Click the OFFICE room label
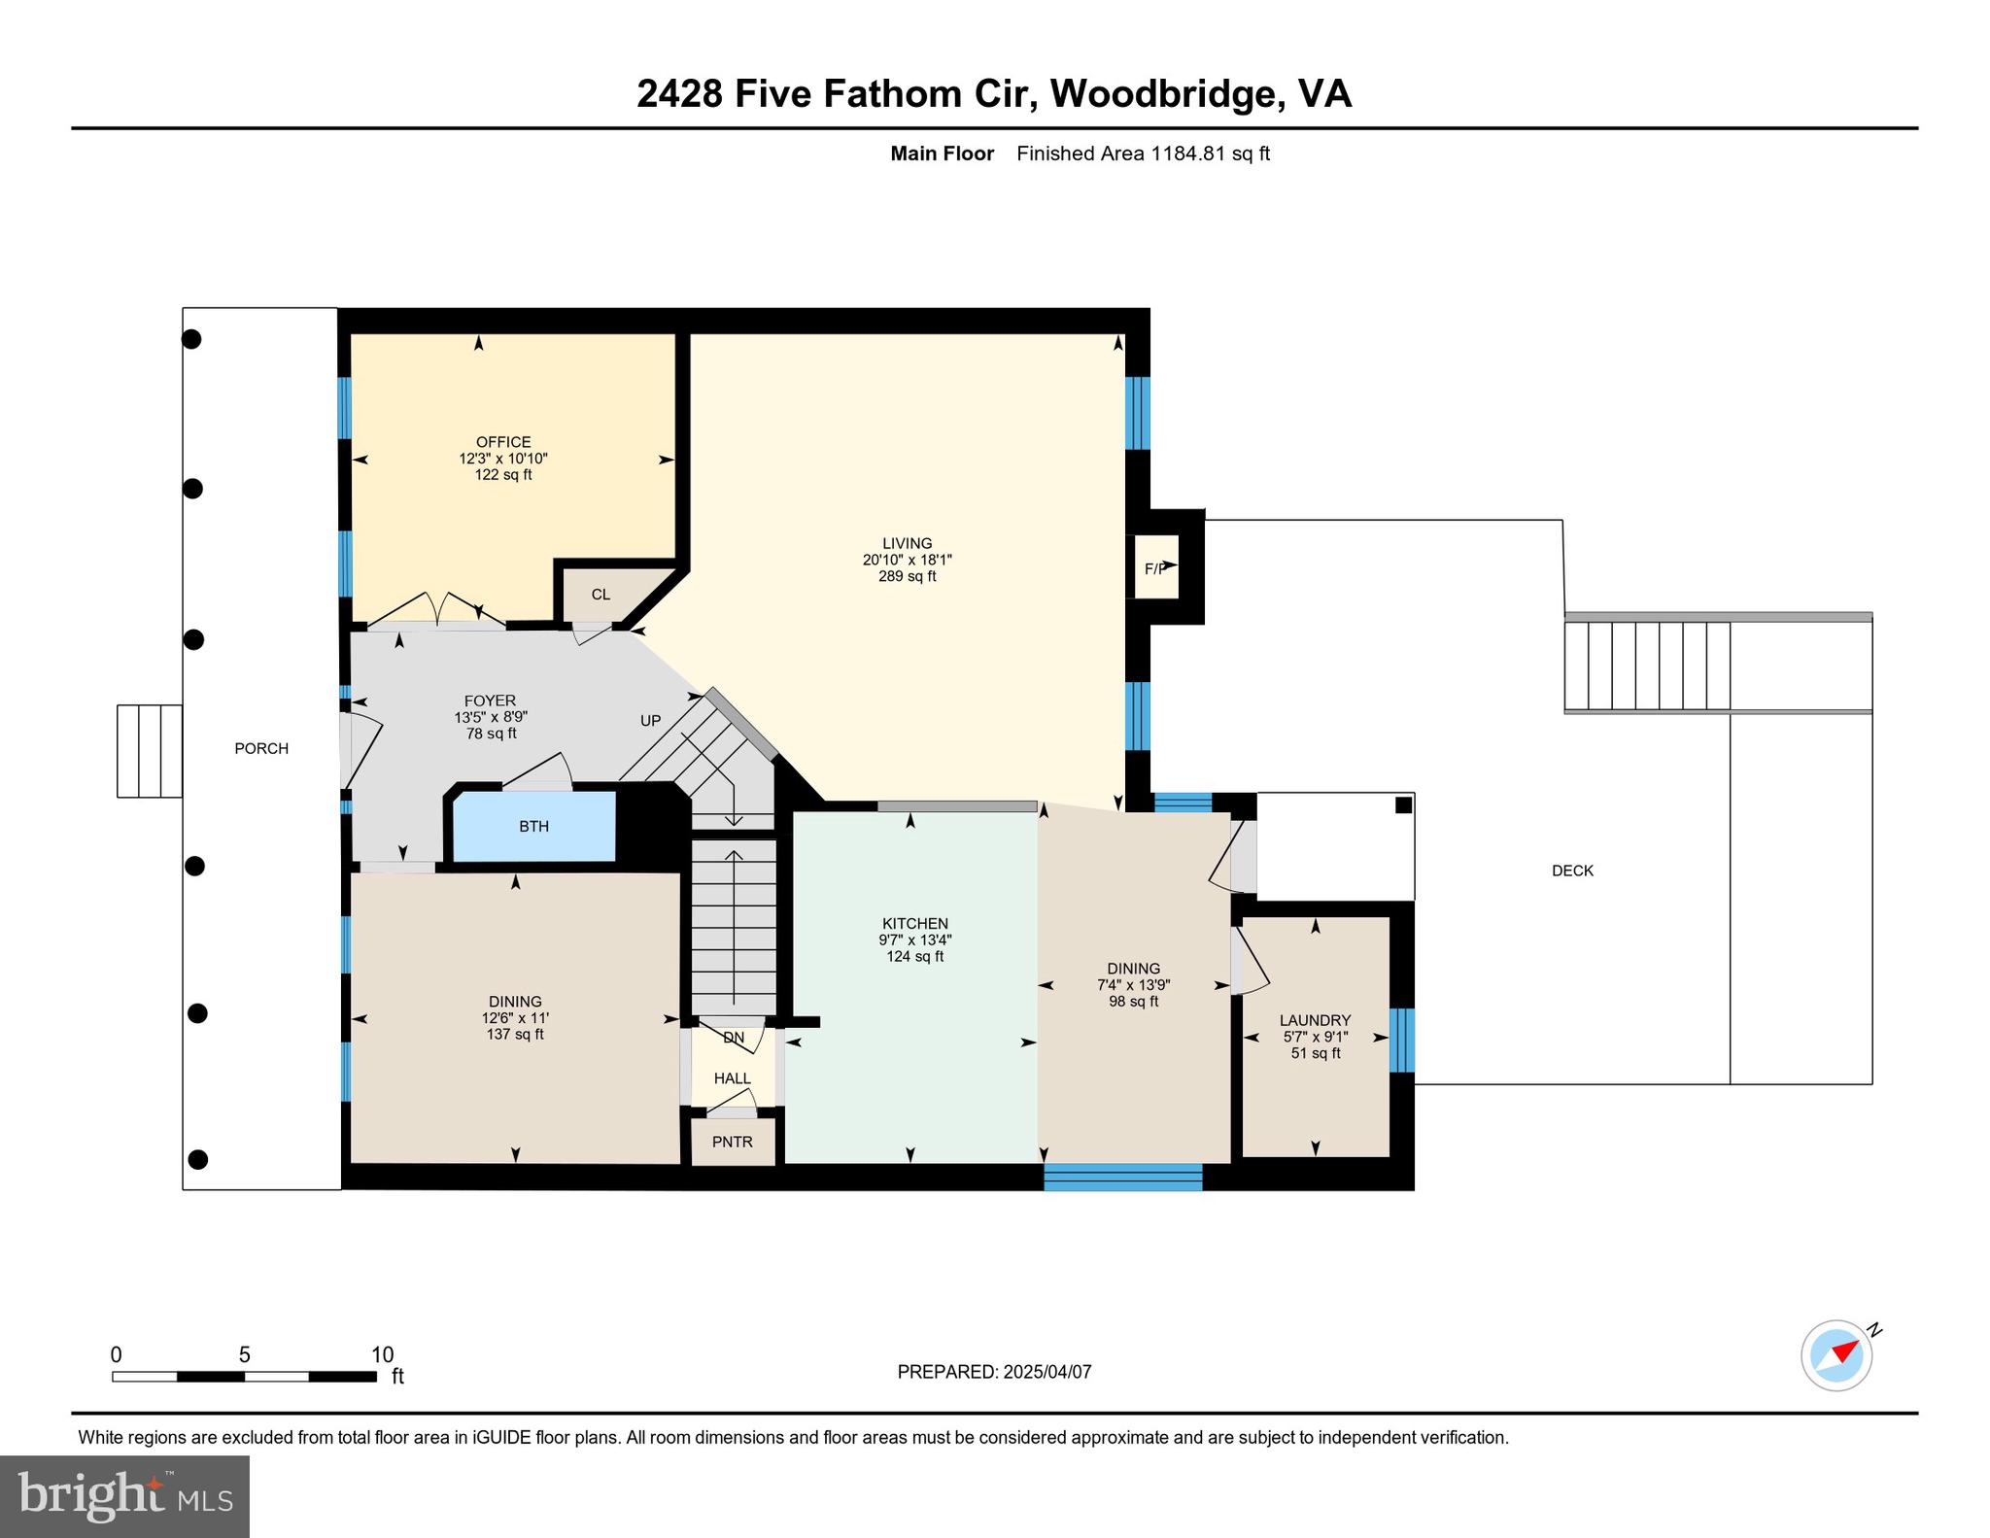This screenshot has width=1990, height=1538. coord(502,442)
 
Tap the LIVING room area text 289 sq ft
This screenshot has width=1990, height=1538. coord(907,576)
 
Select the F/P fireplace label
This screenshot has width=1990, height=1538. coord(1154,568)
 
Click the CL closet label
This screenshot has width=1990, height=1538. coord(600,595)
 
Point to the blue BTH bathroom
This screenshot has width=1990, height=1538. coord(534,826)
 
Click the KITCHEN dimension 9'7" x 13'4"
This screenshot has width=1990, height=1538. coord(914,940)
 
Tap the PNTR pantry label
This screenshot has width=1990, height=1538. coord(732,1142)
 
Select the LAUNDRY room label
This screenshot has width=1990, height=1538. coord(1315,1020)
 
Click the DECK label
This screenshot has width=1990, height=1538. coord(1571,871)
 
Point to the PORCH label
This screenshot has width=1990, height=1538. coord(261,748)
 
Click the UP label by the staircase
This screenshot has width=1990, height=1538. coord(650,720)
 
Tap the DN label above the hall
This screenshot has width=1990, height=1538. coord(734,1038)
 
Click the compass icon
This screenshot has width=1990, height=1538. coord(1836,1354)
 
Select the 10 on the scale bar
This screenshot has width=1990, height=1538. coord(382,1354)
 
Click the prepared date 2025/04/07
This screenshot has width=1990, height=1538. coord(1046,1372)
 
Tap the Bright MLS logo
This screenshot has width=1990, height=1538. coord(124,1496)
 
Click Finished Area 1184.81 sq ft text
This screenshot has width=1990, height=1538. coord(1143,154)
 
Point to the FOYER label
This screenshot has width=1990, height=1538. coord(490,701)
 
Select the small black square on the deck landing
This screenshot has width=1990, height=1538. coord(1402,804)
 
